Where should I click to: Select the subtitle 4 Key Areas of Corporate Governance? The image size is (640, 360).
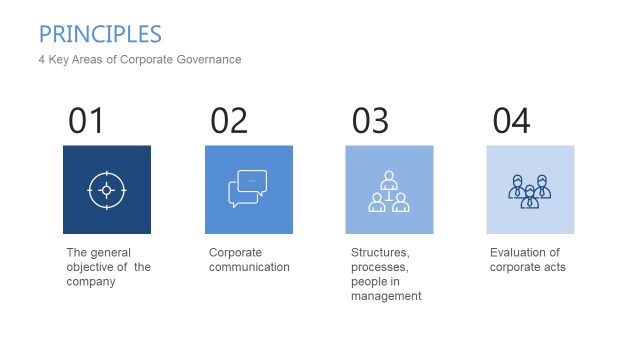(x=139, y=60)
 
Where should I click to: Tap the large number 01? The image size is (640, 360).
(x=86, y=121)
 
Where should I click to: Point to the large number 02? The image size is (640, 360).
(x=229, y=121)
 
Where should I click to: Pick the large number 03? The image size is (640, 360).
(x=370, y=121)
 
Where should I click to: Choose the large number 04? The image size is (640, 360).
(x=511, y=121)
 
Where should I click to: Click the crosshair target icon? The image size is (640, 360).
(x=107, y=189)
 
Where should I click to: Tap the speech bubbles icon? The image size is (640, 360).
(x=248, y=189)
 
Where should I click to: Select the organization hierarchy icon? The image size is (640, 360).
(x=389, y=189)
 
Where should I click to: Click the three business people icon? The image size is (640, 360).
(x=530, y=189)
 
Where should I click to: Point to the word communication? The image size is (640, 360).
(x=249, y=267)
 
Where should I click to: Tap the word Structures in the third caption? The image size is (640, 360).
(x=380, y=252)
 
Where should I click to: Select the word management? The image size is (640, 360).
(x=386, y=296)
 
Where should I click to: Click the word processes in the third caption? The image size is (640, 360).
(x=380, y=267)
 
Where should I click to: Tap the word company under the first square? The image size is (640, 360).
(x=91, y=282)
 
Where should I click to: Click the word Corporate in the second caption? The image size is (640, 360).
(x=234, y=252)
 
